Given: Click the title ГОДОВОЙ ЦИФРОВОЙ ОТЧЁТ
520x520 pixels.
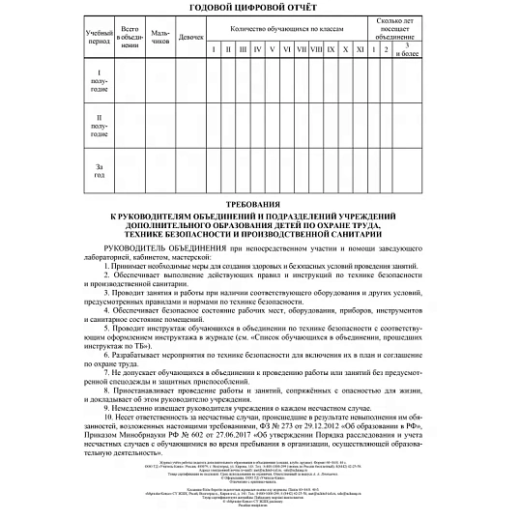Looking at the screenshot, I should (260, 8).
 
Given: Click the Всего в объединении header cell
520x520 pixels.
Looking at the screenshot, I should (128, 37).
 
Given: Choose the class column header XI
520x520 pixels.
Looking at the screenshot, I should (360, 48).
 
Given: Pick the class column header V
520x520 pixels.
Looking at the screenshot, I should (273, 48).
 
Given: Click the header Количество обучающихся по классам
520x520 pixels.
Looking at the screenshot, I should (289, 29).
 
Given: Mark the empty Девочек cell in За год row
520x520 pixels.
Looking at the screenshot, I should (193, 172).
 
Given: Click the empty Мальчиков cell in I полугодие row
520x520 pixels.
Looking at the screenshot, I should (160, 79).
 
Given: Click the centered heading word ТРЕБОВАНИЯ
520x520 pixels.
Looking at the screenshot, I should (259, 204).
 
